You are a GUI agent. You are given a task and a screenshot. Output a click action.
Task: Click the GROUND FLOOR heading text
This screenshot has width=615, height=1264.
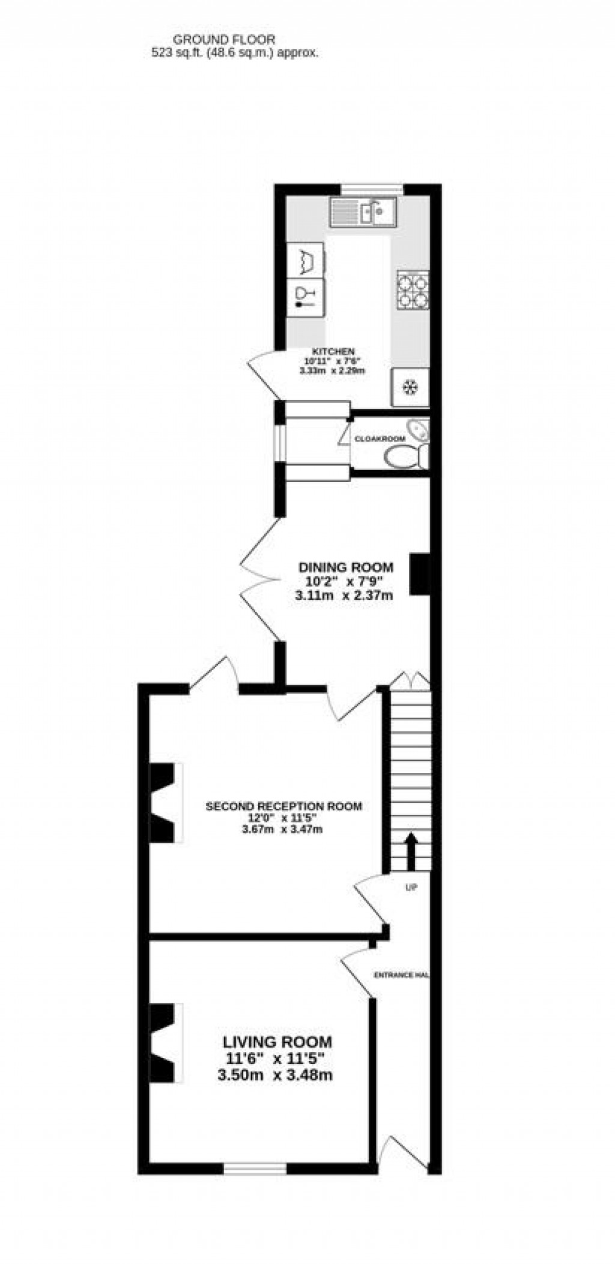pyautogui.click(x=224, y=40)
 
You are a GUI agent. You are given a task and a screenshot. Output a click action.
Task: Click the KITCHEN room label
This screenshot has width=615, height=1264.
pyautogui.click(x=333, y=351)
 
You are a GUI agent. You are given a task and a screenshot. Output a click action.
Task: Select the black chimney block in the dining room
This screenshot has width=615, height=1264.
pyautogui.click(x=419, y=574)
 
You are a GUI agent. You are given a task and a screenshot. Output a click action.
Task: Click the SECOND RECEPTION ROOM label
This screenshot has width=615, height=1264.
pyautogui.click(x=283, y=806)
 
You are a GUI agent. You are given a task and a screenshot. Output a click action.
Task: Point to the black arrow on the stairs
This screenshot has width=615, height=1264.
pyautogui.click(x=411, y=850)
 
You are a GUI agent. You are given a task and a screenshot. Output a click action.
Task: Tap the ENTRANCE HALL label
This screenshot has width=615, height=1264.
pyautogui.click(x=401, y=976)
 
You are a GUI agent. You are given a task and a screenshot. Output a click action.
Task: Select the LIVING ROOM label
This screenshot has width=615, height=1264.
pyautogui.click(x=277, y=1042)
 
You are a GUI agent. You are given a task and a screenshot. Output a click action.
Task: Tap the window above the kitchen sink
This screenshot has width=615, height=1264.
pyautogui.click(x=373, y=190)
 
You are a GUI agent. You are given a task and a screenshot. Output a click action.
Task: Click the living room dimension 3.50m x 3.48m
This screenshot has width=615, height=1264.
pyautogui.click(x=275, y=1075)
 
